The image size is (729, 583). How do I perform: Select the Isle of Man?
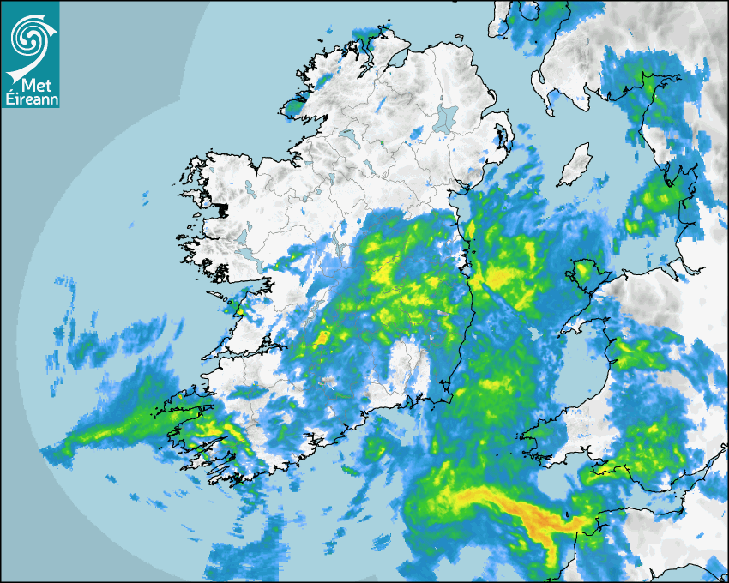tap(575, 165)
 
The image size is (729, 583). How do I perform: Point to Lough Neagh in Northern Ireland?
tap(445, 118)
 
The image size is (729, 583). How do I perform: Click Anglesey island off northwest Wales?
tap(586, 273)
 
